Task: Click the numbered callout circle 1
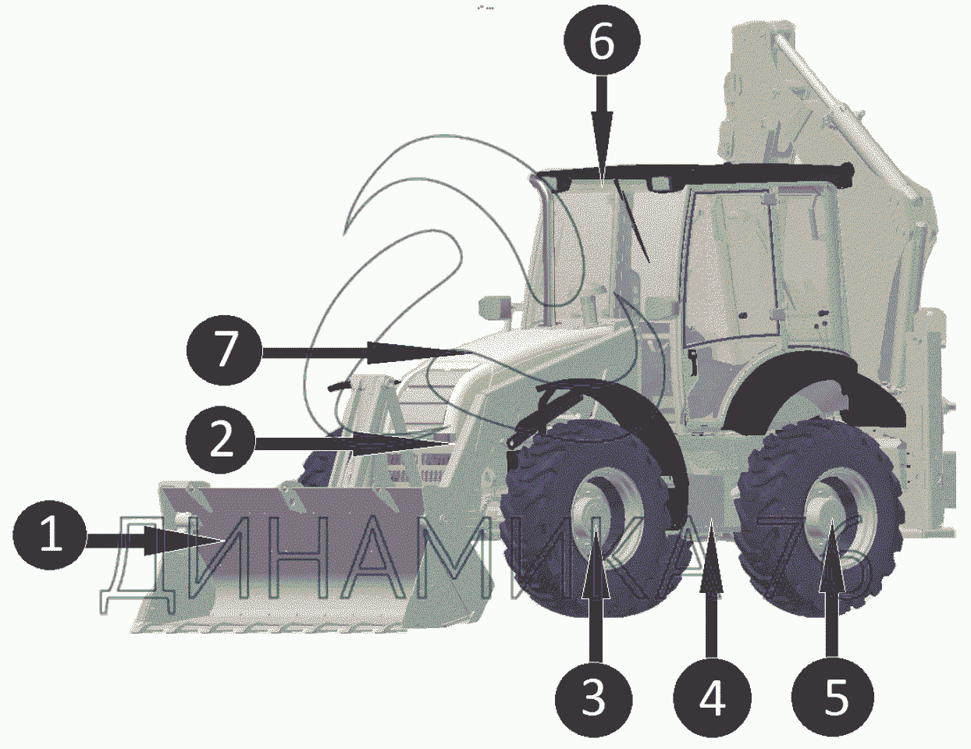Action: click(49, 534)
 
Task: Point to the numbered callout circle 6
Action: click(602, 41)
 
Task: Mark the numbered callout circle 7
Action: click(225, 352)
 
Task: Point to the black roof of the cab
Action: click(692, 174)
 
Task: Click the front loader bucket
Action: click(290, 559)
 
